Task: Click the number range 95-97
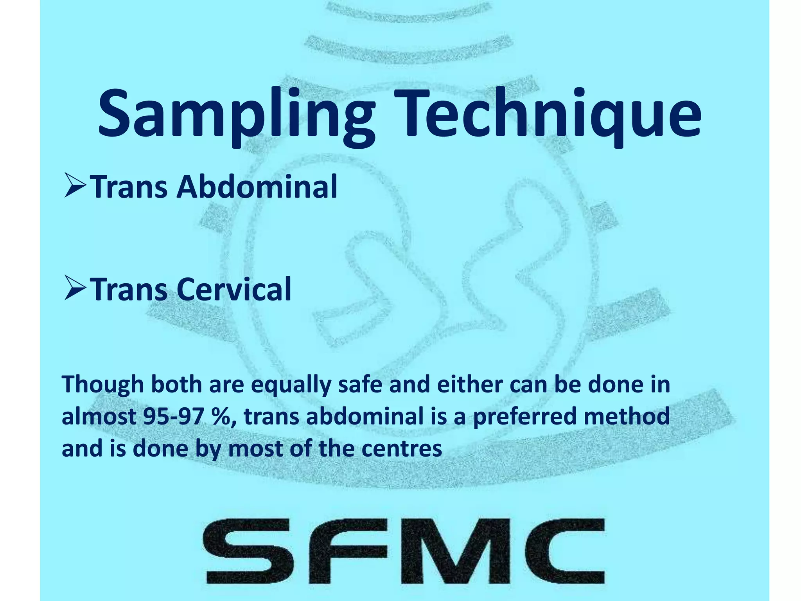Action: pyautogui.click(x=172, y=417)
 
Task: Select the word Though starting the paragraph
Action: pyautogui.click(x=103, y=385)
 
